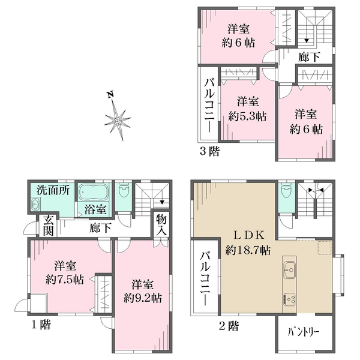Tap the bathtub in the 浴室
94,191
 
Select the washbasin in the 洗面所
35,204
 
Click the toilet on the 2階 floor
286,191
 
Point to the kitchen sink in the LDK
290,270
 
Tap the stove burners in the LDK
290,299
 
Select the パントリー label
303,332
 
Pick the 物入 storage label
161,225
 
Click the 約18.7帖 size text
248,250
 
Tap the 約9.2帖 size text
143,298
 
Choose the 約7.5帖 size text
65,280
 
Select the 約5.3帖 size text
247,116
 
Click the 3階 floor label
209,151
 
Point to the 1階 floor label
41,325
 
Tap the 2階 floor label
229,325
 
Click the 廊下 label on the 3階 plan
309,57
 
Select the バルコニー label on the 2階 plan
205,279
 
